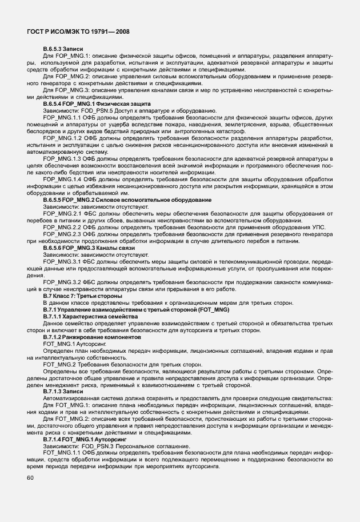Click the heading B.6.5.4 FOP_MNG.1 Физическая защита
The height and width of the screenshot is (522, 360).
coord(88,103)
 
